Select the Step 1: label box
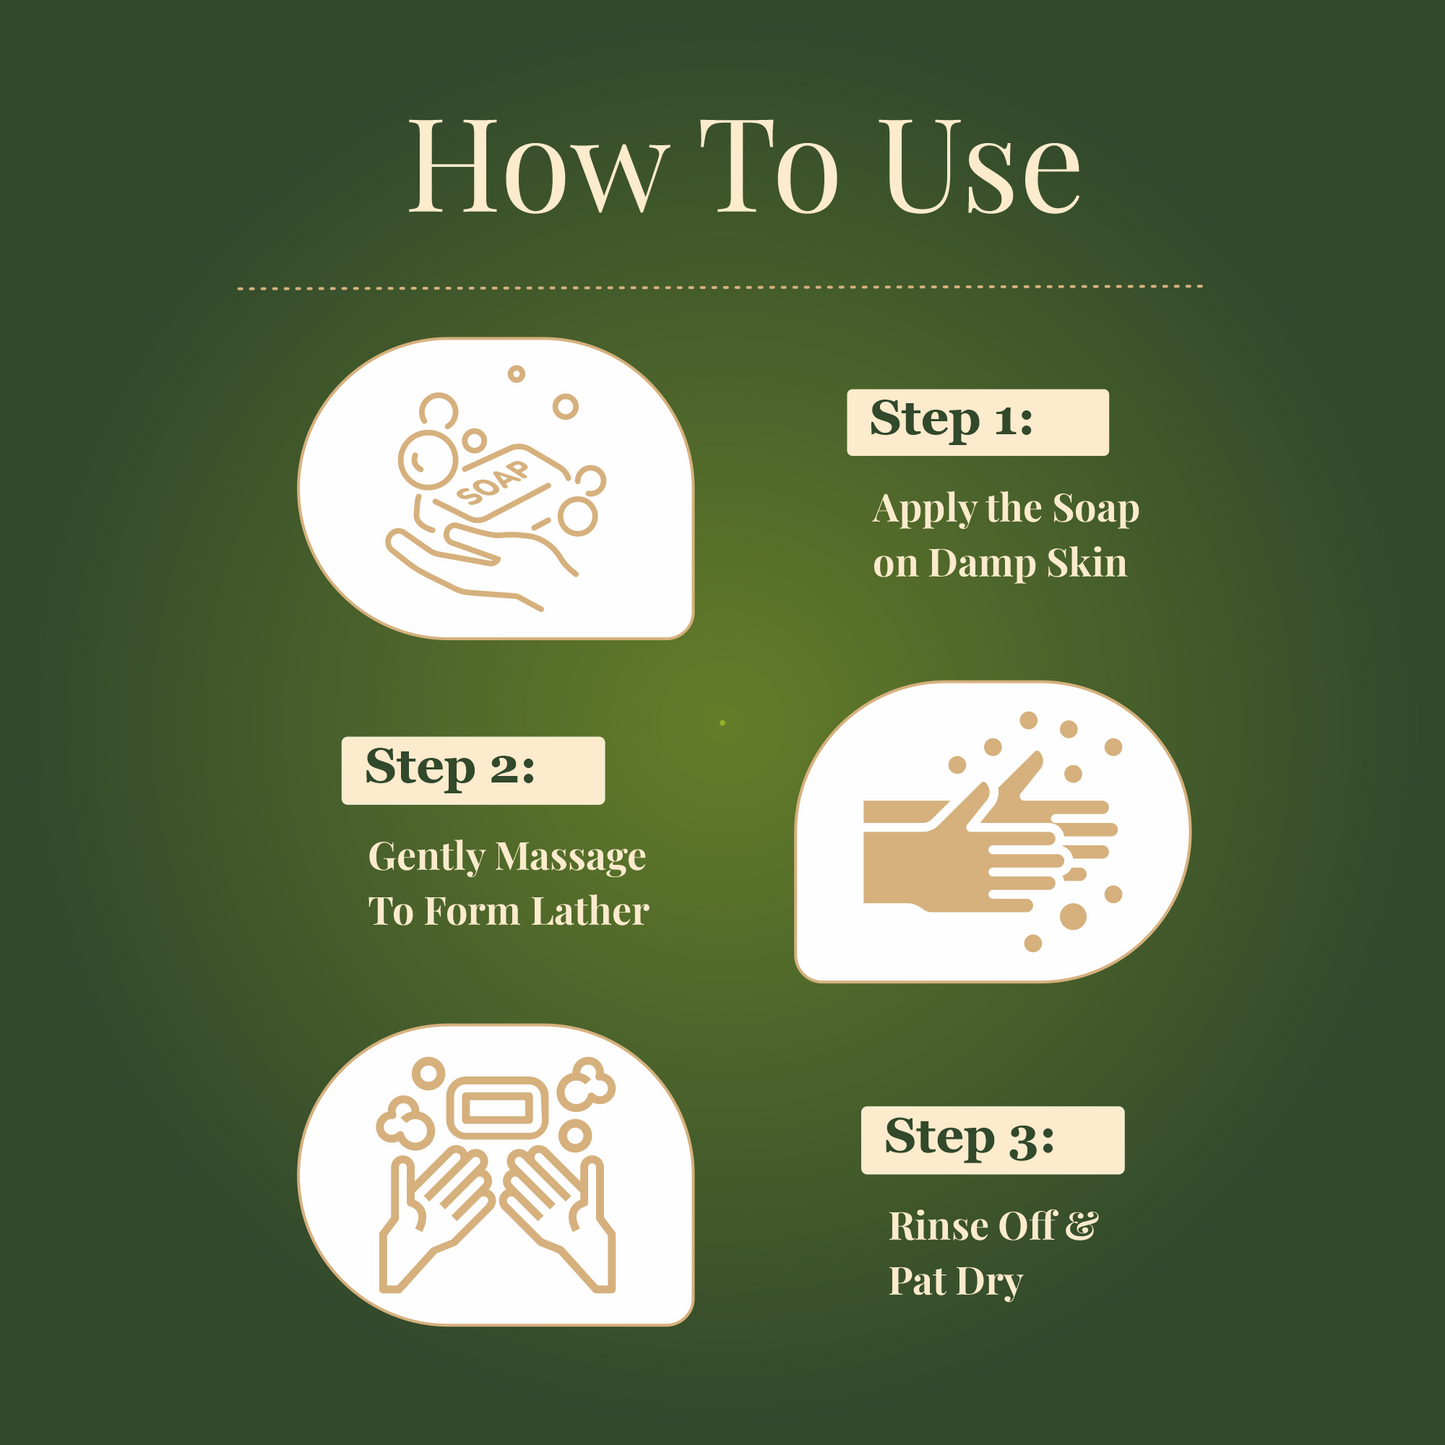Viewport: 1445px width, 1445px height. [x=977, y=422]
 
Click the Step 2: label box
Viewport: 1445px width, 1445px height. [x=473, y=770]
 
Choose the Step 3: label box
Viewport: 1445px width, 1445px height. [x=992, y=1139]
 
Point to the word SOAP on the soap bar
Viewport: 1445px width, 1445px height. [x=493, y=483]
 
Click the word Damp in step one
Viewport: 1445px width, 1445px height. [x=982, y=563]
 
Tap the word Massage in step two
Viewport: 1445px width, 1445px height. [x=570, y=857]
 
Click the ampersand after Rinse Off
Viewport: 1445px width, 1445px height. [x=1081, y=1225]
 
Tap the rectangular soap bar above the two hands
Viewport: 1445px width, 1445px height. [x=497, y=1107]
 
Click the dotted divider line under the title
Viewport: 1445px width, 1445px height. [x=720, y=287]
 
